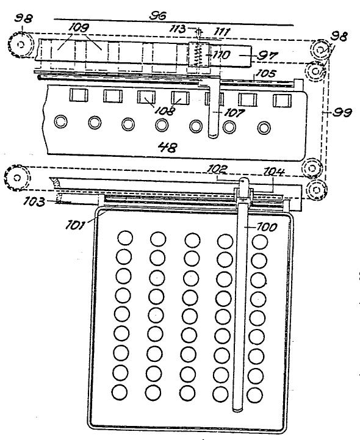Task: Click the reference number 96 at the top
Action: click(157, 15)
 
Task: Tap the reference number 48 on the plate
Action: click(168, 147)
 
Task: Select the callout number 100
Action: click(267, 227)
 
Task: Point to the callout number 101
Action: click(75, 225)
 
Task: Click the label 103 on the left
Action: click(34, 201)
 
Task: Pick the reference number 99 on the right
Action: click(342, 112)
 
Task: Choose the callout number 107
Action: click(234, 113)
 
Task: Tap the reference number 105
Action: click(265, 73)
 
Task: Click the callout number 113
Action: click(179, 28)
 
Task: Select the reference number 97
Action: click(267, 56)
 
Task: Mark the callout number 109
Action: click(79, 27)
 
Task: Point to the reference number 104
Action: click(275, 171)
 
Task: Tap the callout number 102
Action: click(217, 169)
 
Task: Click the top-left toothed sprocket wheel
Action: click(20, 45)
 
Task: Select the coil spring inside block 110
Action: click(199, 54)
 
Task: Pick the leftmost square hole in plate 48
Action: click(79, 95)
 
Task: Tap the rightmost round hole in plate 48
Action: click(264, 128)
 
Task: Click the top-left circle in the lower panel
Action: click(125, 238)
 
